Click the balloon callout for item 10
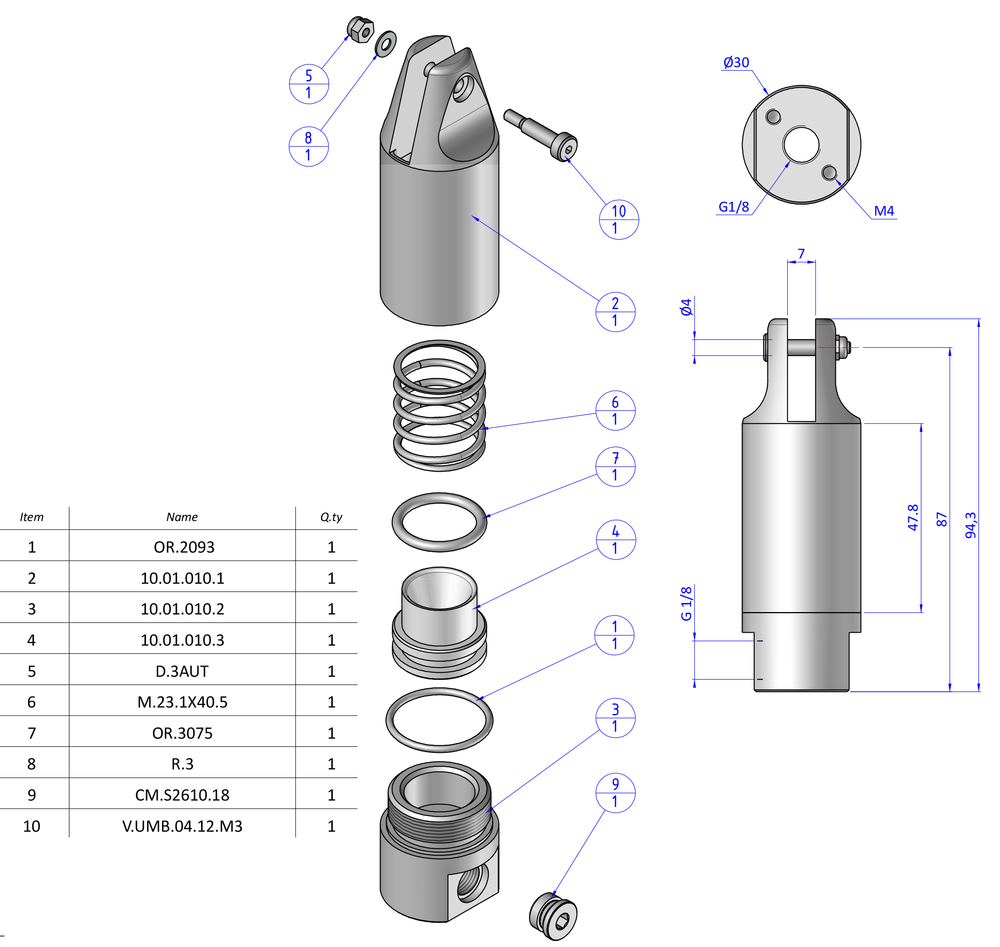619,219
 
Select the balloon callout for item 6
615,411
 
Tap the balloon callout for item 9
615,792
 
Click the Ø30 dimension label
736,63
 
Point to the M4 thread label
884,211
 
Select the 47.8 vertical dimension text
913,517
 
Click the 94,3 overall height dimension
970,525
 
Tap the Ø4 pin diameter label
686,307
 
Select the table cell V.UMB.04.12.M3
182,826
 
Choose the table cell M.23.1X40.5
182,702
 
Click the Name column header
182,517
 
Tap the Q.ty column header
331,517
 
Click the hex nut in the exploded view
361,30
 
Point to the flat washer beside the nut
386,44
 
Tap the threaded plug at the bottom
553,917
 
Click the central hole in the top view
801,145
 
